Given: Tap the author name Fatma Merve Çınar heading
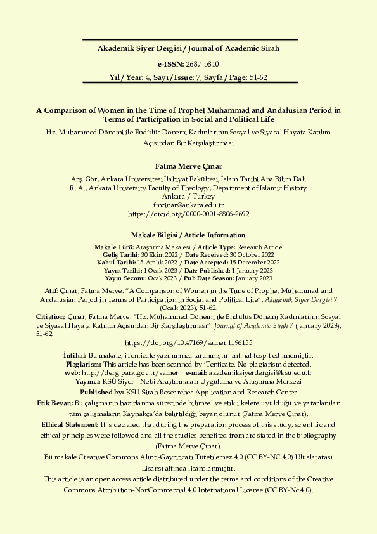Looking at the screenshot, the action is pyautogui.click(x=188, y=166).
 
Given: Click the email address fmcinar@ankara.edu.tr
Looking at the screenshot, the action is pyautogui.click(x=188, y=205).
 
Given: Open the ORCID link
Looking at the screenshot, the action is pyautogui.click(x=188, y=214).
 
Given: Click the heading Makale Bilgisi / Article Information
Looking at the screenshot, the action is pyautogui.click(x=188, y=235).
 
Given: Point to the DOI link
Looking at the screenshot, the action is pyautogui.click(x=188, y=341).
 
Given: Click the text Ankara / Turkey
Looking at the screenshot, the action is pyautogui.click(x=188, y=197).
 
